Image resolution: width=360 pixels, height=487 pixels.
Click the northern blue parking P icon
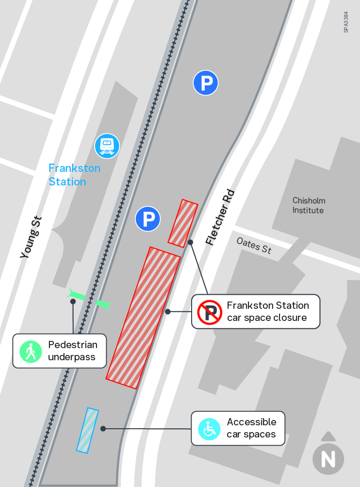click(x=206, y=83)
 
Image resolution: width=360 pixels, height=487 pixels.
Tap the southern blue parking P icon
click(x=148, y=218)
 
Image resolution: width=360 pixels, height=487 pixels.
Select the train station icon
click(x=107, y=146)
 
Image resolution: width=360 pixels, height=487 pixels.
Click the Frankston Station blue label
click(x=74, y=175)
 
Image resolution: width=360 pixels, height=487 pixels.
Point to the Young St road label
click(x=31, y=237)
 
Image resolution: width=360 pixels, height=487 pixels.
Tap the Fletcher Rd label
click(x=220, y=217)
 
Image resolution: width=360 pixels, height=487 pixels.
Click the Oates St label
click(x=254, y=245)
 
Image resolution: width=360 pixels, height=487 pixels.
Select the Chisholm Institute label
click(x=309, y=205)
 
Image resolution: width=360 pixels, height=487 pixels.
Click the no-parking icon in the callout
click(x=210, y=312)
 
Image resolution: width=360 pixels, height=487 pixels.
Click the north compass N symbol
click(x=328, y=458)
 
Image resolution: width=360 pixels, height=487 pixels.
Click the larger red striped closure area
click(x=143, y=318)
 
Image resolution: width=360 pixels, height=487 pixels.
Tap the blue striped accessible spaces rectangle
click(x=87, y=430)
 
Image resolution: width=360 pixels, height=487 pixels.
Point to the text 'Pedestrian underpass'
click(x=73, y=351)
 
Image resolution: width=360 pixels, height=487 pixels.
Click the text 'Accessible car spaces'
click(x=251, y=428)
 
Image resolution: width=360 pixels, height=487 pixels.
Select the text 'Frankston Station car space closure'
click(x=268, y=311)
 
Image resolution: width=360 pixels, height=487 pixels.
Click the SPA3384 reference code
click(x=346, y=22)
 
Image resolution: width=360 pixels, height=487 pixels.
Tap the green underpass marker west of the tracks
click(x=77, y=294)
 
